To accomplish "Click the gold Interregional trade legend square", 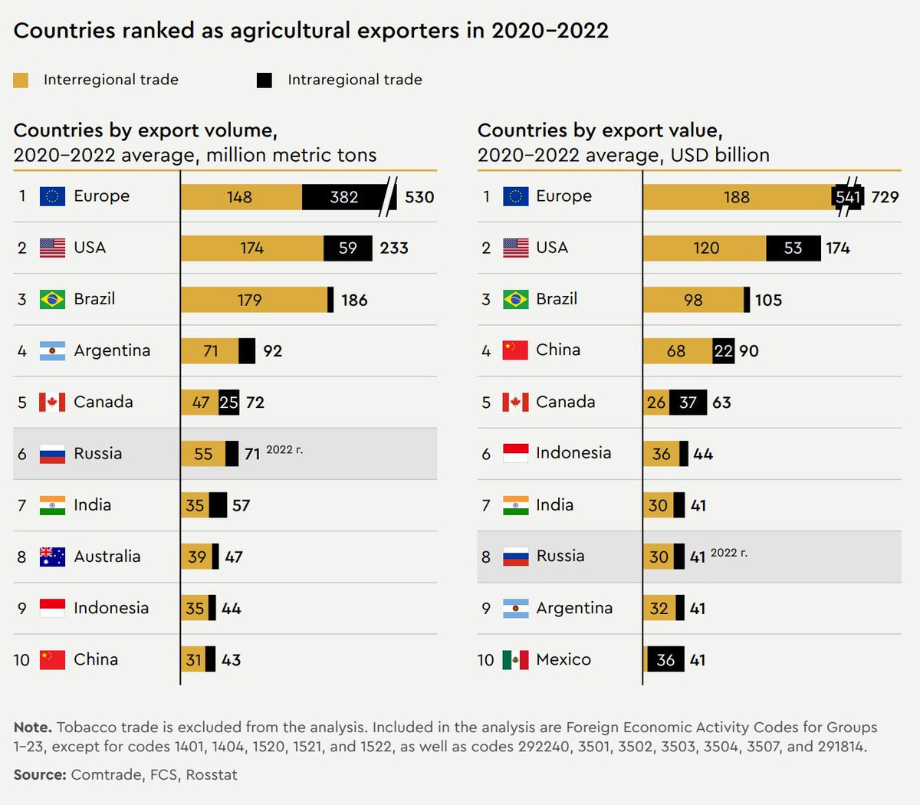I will (x=21, y=80).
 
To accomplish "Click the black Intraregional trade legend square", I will (x=264, y=80).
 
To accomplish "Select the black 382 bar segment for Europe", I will (x=344, y=197).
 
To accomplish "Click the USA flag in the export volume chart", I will (x=52, y=248).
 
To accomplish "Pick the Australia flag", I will (x=52, y=557).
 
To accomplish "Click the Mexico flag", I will (x=515, y=660).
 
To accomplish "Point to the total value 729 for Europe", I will (x=885, y=197).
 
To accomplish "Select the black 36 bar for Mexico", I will (x=665, y=660).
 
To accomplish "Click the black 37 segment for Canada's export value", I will (x=688, y=402).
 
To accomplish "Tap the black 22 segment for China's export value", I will (x=723, y=351).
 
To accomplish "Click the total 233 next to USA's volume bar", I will (x=394, y=248).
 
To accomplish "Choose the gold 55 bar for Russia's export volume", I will (x=203, y=454).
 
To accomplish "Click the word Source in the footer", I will (x=39, y=775).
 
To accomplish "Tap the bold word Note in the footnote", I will (x=32, y=727).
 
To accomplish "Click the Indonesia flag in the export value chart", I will (x=515, y=453).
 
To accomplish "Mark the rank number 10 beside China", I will (x=21, y=660).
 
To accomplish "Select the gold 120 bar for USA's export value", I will (x=705, y=248).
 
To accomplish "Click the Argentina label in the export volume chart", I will (x=112, y=351).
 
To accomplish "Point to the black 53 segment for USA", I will (x=793, y=248).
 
